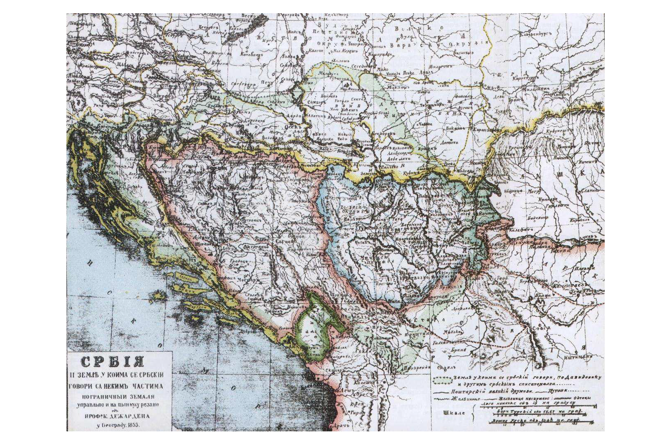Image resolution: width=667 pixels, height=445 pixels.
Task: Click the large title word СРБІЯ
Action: coord(112,362)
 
